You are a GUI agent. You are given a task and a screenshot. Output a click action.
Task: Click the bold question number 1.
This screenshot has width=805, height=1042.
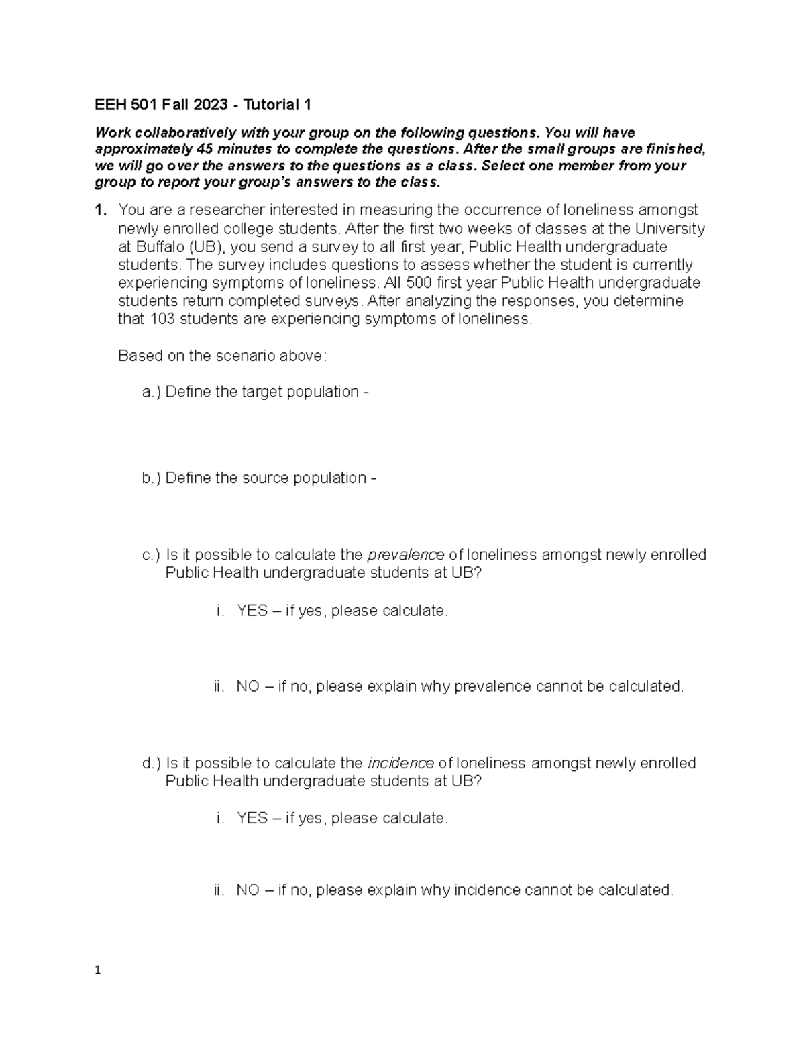pyautogui.click(x=100, y=211)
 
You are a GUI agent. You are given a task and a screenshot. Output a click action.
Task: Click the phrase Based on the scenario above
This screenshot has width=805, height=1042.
pyautogui.click(x=222, y=356)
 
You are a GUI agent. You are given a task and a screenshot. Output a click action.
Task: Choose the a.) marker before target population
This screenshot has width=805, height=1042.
pyautogui.click(x=152, y=392)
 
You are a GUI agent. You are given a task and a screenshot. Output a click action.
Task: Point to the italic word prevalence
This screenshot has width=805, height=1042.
pyautogui.click(x=406, y=555)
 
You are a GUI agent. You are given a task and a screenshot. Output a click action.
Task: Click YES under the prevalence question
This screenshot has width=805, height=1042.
pyautogui.click(x=252, y=611)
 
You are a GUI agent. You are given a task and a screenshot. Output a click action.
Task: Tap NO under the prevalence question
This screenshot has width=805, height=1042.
pyautogui.click(x=248, y=687)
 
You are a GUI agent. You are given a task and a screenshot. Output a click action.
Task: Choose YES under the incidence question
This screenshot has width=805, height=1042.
pyautogui.click(x=252, y=819)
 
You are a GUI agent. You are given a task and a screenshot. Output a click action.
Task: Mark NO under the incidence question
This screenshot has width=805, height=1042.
pyautogui.click(x=248, y=890)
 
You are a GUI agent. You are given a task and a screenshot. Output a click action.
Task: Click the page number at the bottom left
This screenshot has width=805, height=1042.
pyautogui.click(x=98, y=970)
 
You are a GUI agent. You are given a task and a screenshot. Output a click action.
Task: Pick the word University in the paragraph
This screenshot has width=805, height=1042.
pyautogui.click(x=670, y=229)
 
